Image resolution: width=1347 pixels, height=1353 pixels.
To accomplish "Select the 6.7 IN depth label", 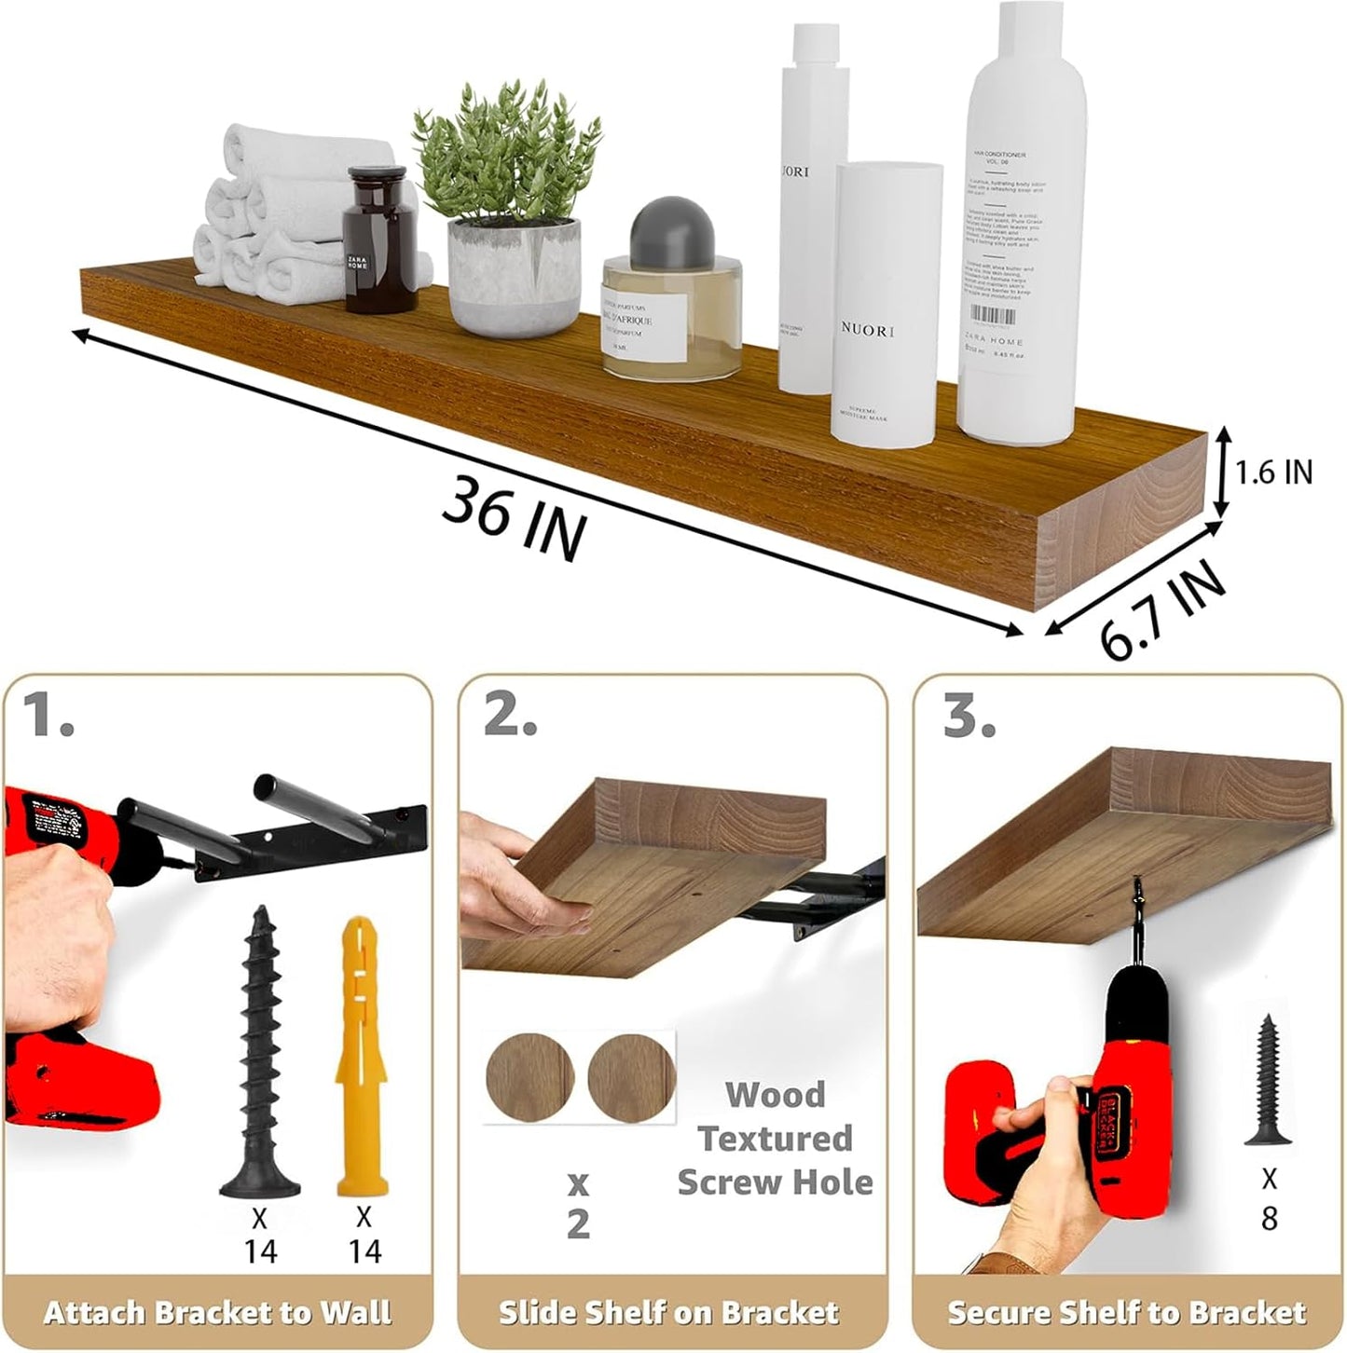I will pos(1161,609).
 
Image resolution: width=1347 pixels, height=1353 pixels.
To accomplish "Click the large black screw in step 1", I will pos(258,1053).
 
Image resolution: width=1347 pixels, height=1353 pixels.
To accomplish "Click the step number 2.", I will pos(510,716).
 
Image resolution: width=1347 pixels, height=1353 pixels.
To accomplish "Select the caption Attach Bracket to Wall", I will pos(217,1313).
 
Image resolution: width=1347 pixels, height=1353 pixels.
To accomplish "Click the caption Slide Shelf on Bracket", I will pos(668,1313).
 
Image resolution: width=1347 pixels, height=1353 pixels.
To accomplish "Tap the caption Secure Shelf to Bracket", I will pos(1126,1313).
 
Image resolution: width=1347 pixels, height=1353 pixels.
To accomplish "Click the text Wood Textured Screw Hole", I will pos(775,1138).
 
